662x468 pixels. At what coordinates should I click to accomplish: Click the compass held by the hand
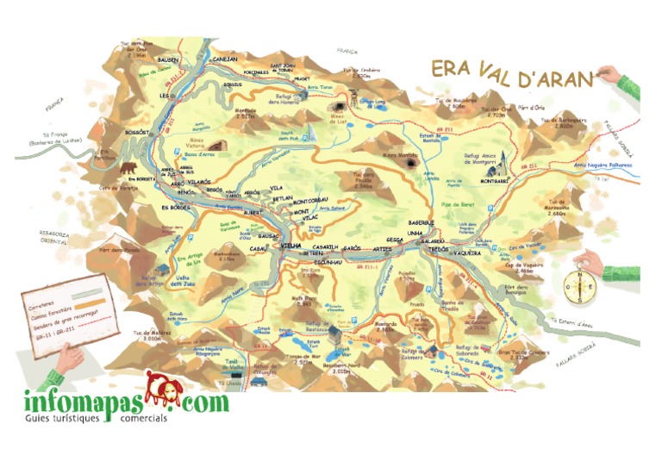coord(580,287)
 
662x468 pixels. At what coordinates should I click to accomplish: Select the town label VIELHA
coord(290,246)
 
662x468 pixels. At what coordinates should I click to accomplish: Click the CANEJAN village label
coord(225,59)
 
